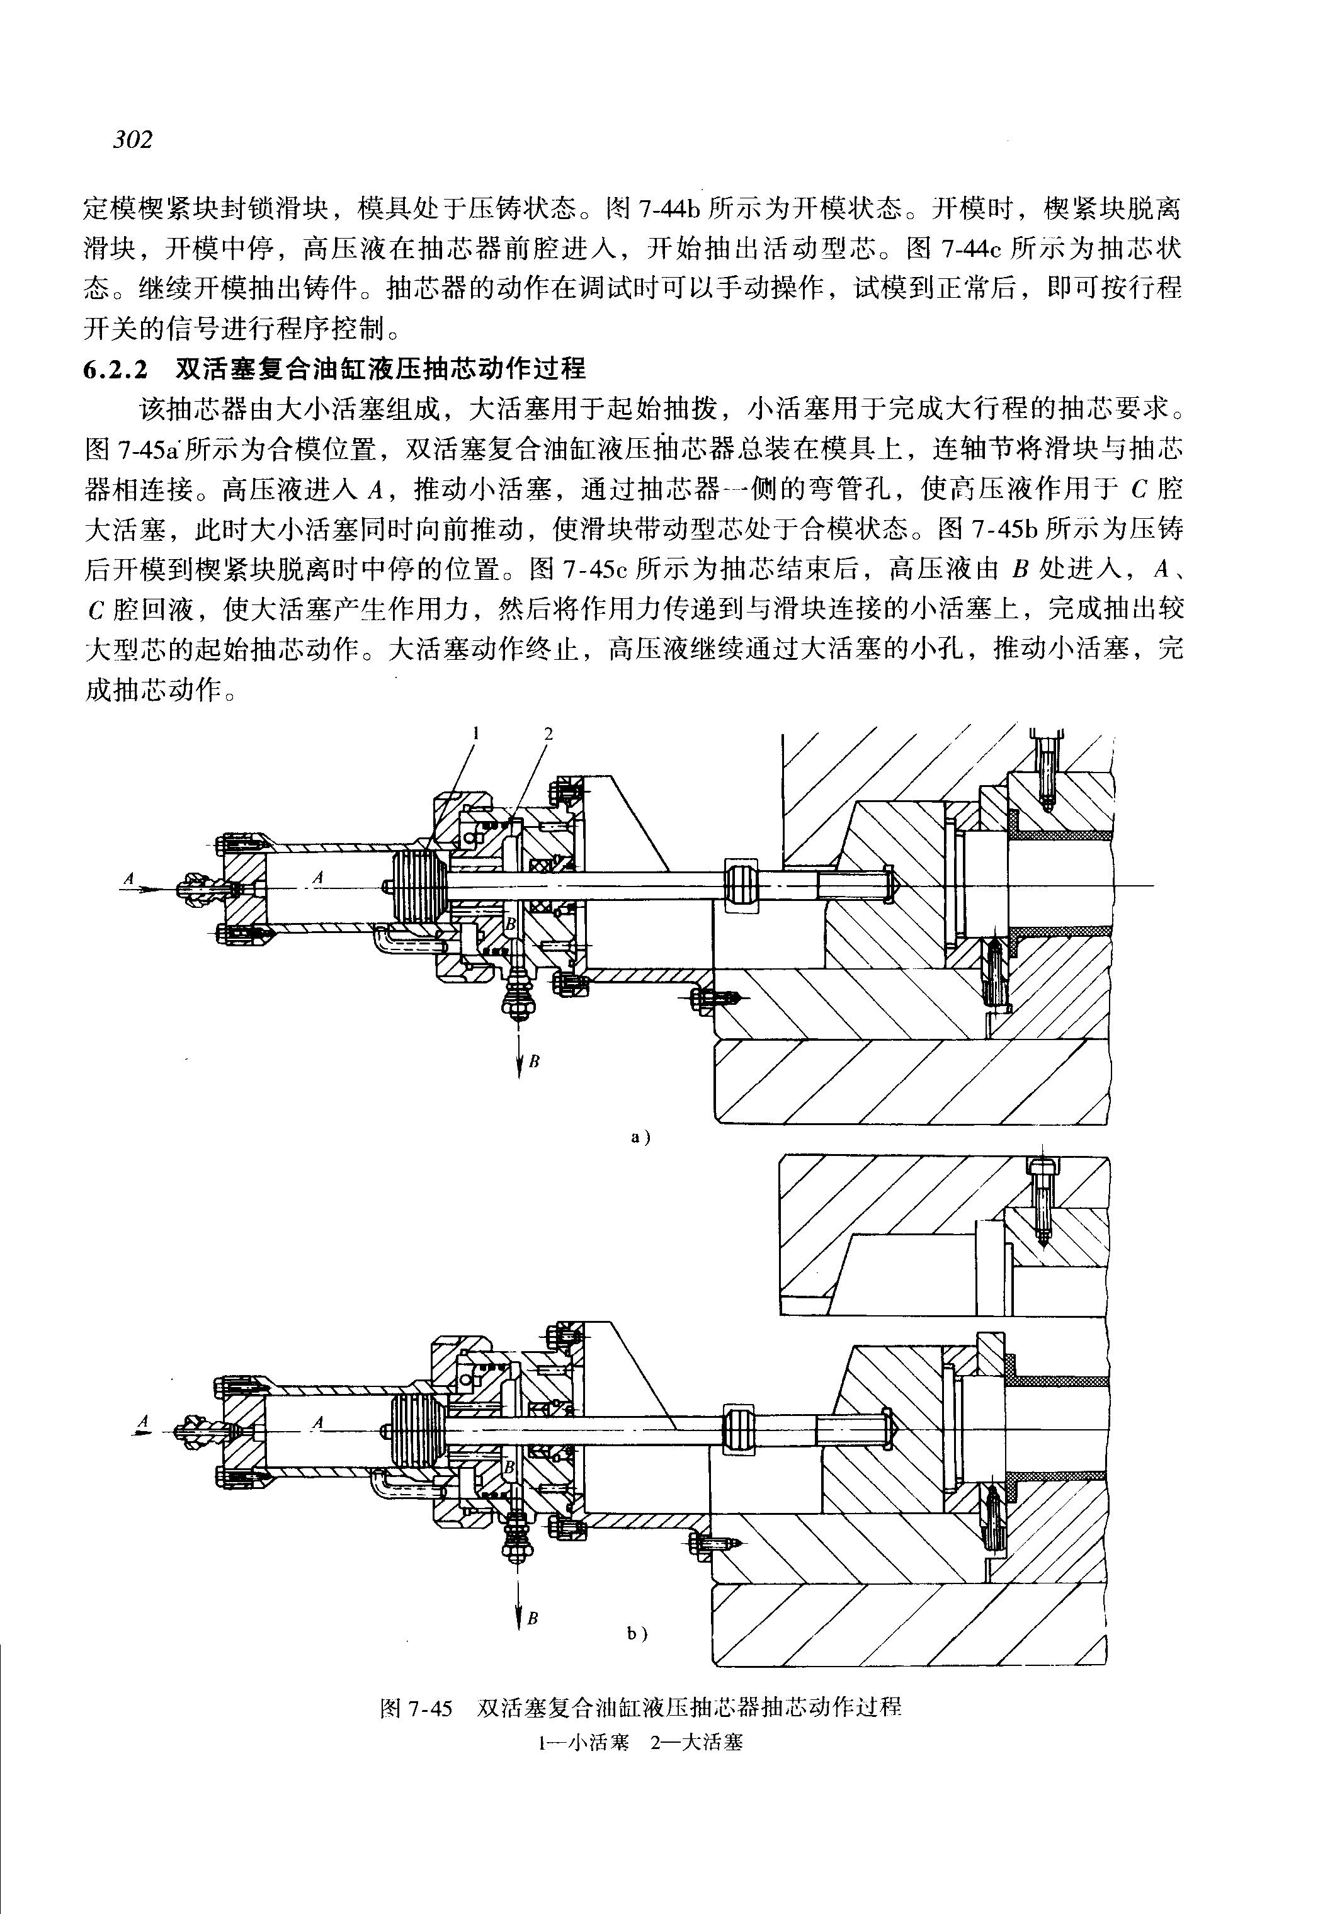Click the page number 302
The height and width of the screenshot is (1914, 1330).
(134, 139)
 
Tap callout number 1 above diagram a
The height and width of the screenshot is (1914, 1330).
(476, 733)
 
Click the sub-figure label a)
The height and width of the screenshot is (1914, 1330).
(640, 1136)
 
